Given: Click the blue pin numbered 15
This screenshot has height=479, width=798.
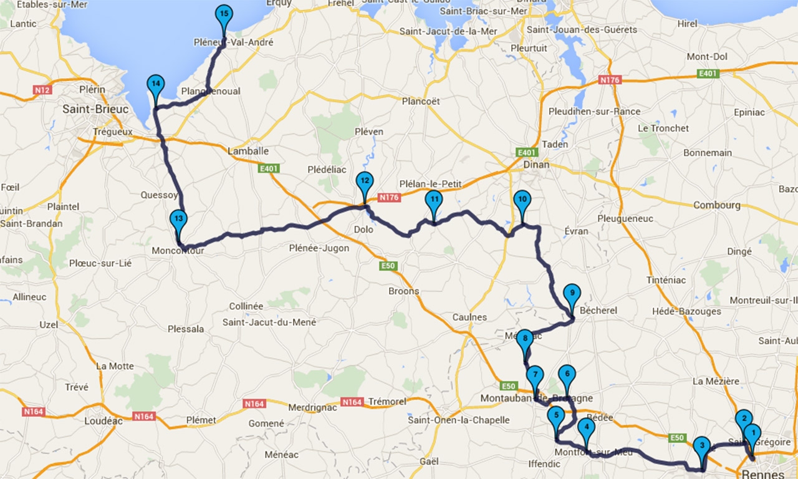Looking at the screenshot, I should point(224,15).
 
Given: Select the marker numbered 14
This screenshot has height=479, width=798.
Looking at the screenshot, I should point(155,85).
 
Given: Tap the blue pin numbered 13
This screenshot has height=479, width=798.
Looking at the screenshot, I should point(178,220).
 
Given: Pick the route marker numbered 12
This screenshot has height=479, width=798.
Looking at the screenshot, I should point(364,182).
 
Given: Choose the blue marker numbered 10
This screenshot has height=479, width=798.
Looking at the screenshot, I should point(522,201).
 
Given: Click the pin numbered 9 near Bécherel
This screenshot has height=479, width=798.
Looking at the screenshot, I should point(571,294).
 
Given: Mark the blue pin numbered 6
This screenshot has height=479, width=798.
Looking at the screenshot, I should point(567,375).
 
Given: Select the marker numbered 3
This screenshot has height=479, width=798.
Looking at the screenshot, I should point(702,447).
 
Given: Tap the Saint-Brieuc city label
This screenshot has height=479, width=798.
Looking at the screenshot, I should point(95,109).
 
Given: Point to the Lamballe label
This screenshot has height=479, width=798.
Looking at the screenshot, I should point(248,151).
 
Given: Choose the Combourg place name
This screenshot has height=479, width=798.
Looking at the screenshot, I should point(716,205).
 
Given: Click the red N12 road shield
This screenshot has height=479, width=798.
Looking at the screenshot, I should point(42,90).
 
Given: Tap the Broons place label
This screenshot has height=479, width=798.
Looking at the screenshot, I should point(404,291).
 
